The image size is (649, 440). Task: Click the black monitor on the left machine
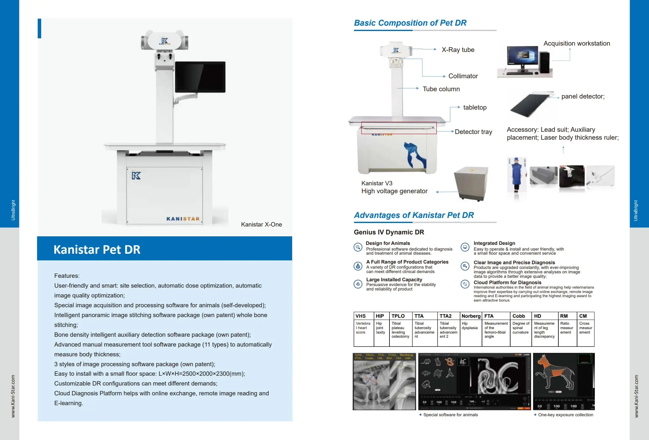click(200, 77)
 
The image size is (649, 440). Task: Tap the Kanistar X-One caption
click(261, 224)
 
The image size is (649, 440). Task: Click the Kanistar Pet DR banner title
click(97, 249)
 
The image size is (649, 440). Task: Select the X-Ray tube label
click(458, 50)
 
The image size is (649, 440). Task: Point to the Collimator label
click(463, 76)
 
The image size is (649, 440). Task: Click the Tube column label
click(441, 89)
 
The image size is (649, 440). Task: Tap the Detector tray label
click(473, 132)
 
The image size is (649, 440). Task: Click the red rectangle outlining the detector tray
click(399, 128)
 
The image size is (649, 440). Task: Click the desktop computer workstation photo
click(525, 61)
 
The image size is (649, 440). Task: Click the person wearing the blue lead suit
click(517, 175)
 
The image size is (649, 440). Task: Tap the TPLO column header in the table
click(398, 316)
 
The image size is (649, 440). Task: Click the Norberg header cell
click(471, 316)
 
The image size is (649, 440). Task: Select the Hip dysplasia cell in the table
click(469, 326)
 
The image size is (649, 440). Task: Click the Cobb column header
click(518, 316)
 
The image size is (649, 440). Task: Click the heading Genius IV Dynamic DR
click(389, 232)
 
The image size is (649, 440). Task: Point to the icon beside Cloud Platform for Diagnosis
click(465, 284)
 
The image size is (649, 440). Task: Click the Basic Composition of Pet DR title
click(410, 23)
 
